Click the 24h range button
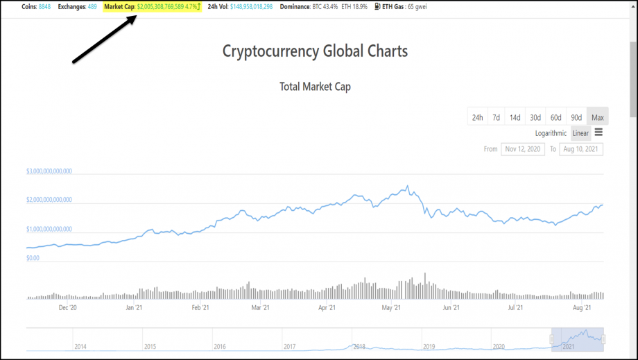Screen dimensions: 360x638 [477, 117]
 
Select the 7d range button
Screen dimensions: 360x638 [496, 117]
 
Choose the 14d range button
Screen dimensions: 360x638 [515, 117]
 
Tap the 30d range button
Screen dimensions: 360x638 [535, 117]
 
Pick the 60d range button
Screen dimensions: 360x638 [555, 117]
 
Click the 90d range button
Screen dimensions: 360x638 [576, 117]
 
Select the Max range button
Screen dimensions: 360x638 [597, 117]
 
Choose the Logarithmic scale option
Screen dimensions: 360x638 [551, 133]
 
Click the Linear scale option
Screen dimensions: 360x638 [580, 133]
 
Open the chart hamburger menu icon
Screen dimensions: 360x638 [598, 132]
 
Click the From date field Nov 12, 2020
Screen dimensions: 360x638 [523, 149]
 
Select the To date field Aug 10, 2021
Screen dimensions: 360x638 [581, 149]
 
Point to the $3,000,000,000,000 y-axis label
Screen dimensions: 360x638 [49, 171]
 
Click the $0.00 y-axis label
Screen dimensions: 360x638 [33, 257]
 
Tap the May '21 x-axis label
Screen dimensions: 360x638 [391, 307]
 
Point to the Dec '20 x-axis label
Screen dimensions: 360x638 [68, 307]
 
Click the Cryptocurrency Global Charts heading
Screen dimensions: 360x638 [315, 51]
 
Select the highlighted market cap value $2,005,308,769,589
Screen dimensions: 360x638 [166, 6]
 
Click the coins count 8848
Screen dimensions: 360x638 [44, 6]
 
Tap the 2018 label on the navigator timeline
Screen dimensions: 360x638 [359, 346]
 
